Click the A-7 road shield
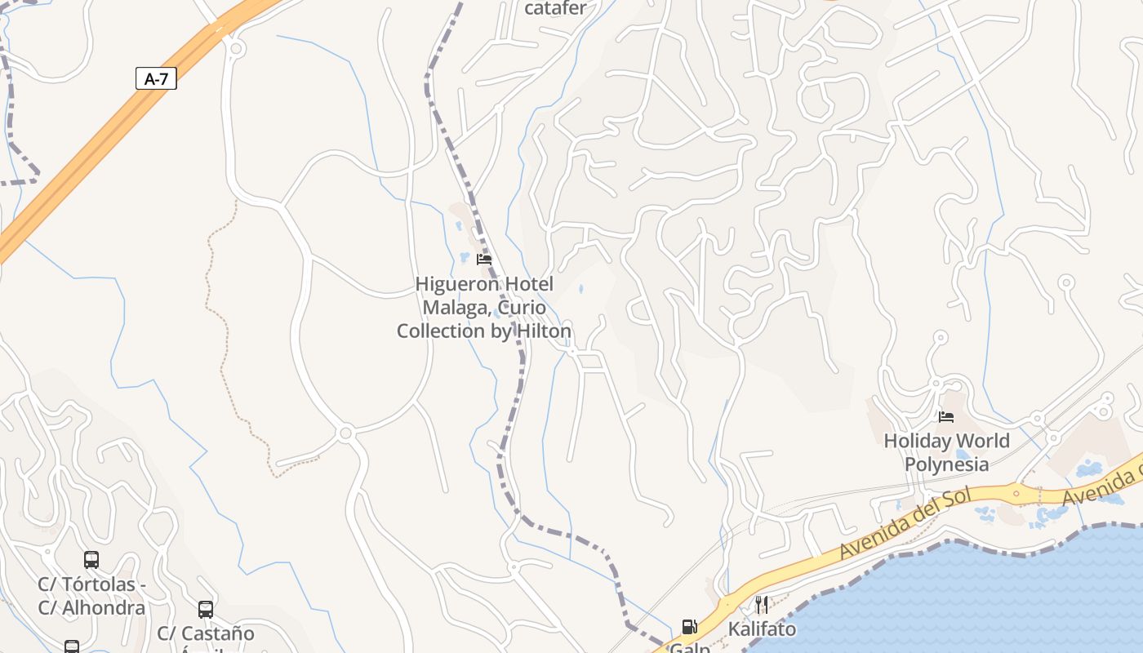click(x=156, y=78)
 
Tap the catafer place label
click(x=555, y=9)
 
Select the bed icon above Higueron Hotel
click(x=484, y=260)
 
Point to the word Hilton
click(x=543, y=331)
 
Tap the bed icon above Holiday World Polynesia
click(x=946, y=417)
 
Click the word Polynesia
click(x=947, y=464)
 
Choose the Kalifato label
click(x=762, y=629)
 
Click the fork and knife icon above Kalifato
click(x=762, y=605)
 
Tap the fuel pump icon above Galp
click(x=690, y=627)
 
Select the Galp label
click(x=690, y=647)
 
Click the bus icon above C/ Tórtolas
click(x=91, y=560)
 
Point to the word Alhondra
click(x=104, y=608)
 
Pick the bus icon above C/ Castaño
click(x=206, y=609)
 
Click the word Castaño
click(x=217, y=633)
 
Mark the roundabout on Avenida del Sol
click(x=1017, y=492)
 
